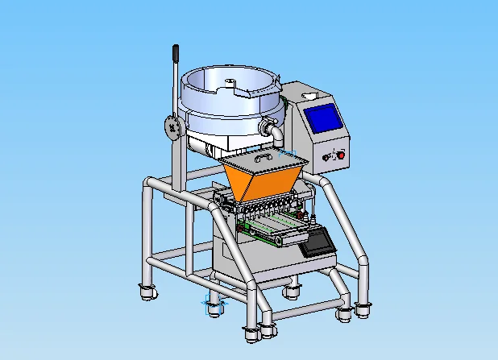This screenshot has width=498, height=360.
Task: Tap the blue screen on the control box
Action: pos(326,119)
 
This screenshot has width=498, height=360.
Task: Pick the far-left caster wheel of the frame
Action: pos(146,291)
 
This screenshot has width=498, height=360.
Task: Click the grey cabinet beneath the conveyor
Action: pos(250,262)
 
